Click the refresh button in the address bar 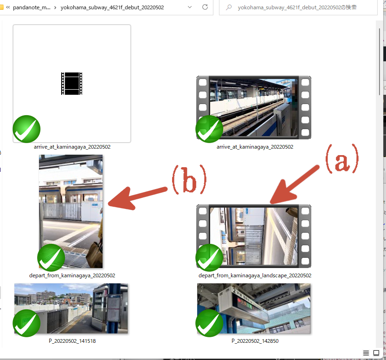(205, 7)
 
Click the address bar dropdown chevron (190, 7)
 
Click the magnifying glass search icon (229, 7)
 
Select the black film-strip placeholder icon (71, 84)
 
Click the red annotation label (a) (342, 159)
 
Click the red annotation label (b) (189, 180)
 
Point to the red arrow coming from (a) (295, 185)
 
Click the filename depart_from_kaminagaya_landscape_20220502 (255, 275)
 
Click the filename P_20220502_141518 (72, 341)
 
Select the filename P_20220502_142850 (255, 341)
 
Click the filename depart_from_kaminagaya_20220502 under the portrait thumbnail (72, 275)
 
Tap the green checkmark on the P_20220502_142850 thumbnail (209, 323)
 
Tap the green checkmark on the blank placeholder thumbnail (26, 129)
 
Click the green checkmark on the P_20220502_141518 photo (26, 323)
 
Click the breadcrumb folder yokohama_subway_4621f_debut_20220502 (112, 7)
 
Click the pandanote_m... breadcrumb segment (32, 7)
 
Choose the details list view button (366, 353)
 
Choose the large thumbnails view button (376, 353)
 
